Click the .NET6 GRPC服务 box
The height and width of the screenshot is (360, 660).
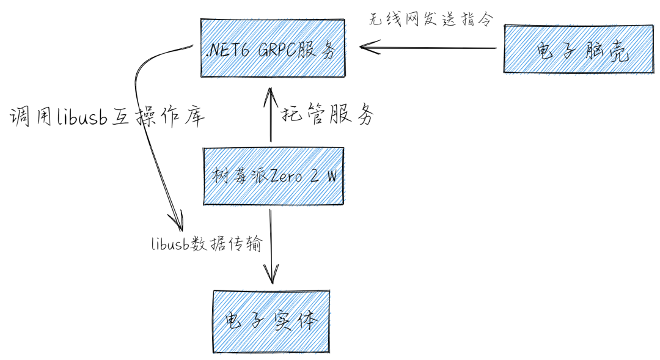(x=272, y=48)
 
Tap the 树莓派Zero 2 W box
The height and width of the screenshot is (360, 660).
(x=273, y=176)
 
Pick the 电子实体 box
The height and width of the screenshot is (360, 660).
(x=271, y=320)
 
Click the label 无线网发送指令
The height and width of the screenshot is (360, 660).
(x=430, y=18)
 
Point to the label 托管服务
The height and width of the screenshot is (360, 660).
(x=327, y=114)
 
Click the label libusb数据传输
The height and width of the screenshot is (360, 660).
(x=207, y=245)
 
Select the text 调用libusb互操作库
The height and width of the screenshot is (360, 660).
(x=107, y=116)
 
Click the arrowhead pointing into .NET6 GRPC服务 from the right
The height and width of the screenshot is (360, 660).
(x=367, y=48)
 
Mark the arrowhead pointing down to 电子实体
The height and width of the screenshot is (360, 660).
(x=271, y=275)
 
